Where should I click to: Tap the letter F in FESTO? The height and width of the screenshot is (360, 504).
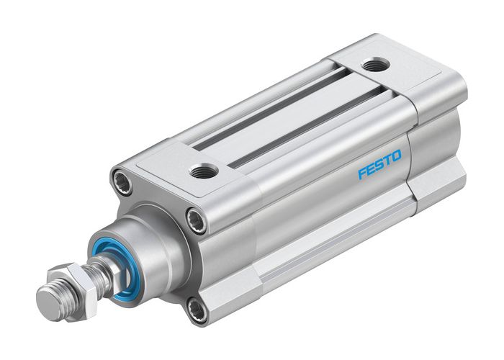362,175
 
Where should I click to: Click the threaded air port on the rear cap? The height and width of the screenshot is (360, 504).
374,66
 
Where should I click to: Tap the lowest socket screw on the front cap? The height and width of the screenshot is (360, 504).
196,310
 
